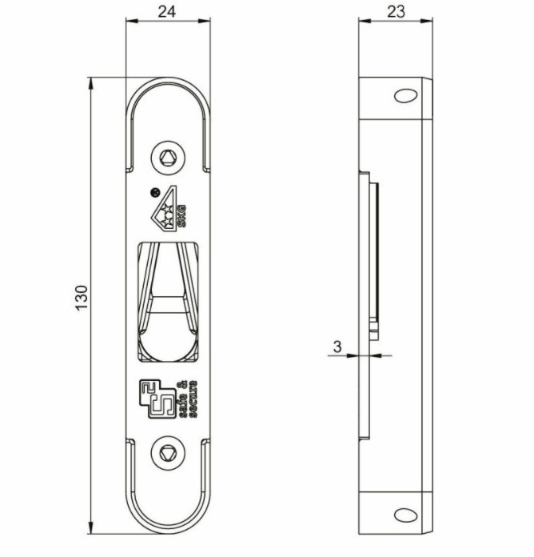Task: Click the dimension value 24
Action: point(168,11)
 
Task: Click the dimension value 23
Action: point(395,11)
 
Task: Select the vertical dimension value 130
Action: point(82,298)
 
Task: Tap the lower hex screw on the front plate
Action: point(168,453)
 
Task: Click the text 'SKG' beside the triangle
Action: point(181,214)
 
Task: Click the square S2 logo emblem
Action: point(155,398)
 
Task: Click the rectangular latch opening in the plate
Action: point(169,300)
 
